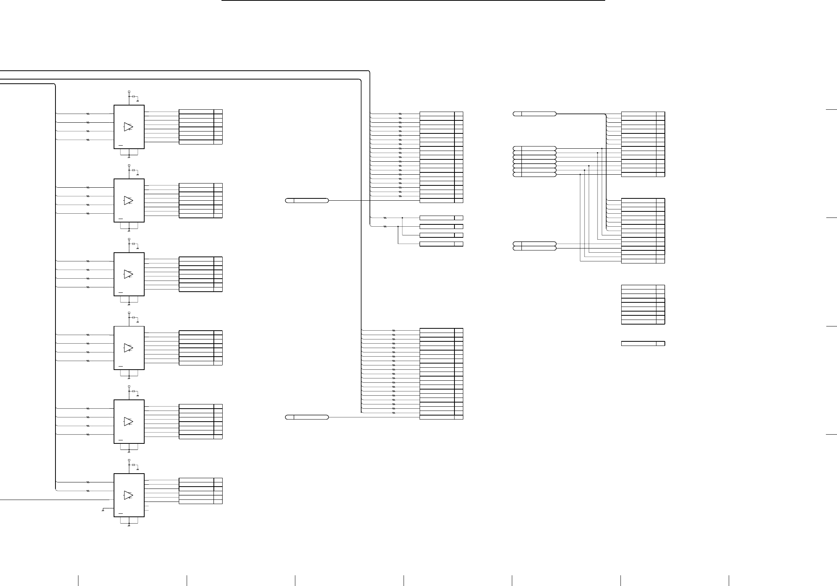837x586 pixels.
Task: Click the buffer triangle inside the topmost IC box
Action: (129, 127)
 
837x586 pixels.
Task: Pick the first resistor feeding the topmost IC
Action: (88, 114)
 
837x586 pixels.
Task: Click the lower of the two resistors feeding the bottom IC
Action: (88, 491)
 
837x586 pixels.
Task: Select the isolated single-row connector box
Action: (643, 344)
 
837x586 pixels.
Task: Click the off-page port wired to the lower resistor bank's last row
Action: (307, 417)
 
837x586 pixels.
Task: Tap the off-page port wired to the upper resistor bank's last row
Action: (307, 201)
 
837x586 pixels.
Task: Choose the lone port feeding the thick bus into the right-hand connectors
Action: (534, 114)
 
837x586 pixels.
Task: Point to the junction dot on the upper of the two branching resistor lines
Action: (402, 218)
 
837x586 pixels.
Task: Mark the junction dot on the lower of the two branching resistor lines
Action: (398, 227)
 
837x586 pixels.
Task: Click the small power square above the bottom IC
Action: (129, 461)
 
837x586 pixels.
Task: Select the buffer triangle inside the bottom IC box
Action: (129, 495)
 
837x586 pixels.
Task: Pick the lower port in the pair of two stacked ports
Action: (534, 248)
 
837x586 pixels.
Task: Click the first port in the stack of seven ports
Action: (534, 148)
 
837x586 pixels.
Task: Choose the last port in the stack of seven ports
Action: (534, 175)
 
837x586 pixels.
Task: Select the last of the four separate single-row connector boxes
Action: (441, 244)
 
